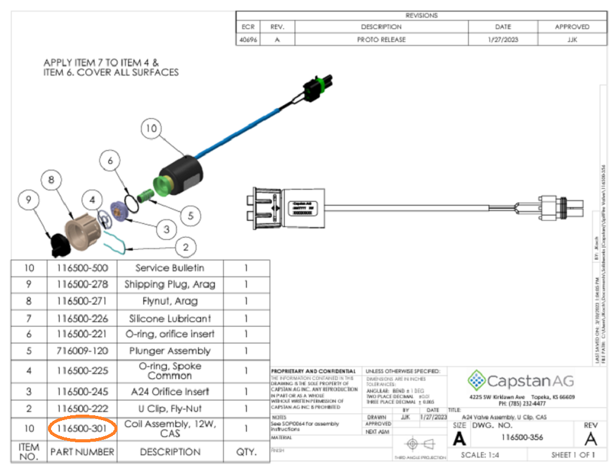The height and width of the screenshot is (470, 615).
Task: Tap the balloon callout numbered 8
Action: [x=51, y=180]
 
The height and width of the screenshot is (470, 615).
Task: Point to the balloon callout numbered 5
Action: [x=191, y=215]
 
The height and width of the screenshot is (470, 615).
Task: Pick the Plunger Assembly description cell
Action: [x=170, y=351]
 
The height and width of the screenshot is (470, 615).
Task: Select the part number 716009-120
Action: [x=82, y=351]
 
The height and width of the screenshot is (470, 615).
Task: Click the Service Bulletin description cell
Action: [x=170, y=268]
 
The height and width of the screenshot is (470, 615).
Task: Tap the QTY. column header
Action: [x=246, y=452]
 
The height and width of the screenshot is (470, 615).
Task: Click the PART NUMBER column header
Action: [x=82, y=452]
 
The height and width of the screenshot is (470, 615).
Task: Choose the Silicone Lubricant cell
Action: [x=170, y=318]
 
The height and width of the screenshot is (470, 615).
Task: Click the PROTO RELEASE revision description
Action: [x=381, y=39]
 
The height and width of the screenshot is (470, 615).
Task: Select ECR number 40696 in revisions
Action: [x=248, y=39]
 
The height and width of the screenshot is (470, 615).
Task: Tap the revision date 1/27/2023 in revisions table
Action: [x=502, y=39]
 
